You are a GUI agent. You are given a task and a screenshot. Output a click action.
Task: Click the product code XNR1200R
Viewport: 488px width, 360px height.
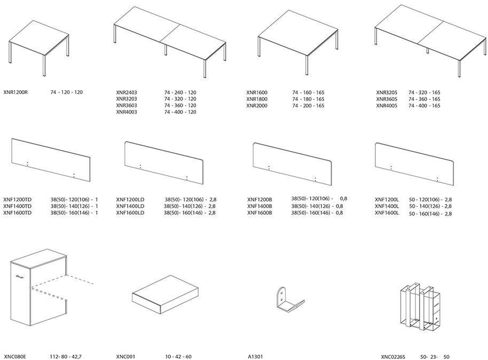tap(15, 92)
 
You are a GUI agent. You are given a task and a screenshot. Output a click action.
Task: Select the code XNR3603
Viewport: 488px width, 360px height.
tap(127, 105)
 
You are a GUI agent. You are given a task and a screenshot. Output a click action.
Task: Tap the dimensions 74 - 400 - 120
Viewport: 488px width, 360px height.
tap(180, 112)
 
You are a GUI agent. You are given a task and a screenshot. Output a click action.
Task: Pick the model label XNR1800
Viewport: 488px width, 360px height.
tap(257, 99)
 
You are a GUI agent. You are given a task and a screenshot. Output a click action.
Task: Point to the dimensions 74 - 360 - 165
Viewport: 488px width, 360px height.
tap(424, 99)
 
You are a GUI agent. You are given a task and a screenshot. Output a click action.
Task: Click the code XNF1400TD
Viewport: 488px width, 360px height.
tap(18, 206)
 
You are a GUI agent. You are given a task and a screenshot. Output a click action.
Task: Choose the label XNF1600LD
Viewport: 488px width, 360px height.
tap(130, 213)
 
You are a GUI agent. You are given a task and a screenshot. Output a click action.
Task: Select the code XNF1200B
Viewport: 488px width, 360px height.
tap(260, 199)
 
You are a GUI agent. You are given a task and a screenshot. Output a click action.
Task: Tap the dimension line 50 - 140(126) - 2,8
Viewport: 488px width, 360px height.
tap(430, 206)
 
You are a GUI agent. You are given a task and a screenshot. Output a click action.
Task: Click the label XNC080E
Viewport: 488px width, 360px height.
tap(15, 357)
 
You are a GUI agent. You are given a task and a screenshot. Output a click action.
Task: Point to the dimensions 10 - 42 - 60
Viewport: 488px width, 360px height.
tap(178, 357)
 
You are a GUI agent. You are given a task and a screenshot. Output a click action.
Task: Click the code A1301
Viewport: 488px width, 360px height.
tap(256, 357)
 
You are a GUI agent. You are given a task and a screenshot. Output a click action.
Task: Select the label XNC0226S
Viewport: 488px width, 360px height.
tap(393, 357)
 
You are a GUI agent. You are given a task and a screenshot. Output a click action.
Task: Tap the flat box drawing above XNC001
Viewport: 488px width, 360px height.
tap(165, 294)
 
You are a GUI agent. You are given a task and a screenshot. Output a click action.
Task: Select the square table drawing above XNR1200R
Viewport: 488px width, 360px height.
tap(39, 48)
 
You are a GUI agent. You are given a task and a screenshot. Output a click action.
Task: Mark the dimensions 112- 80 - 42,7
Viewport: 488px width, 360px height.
tap(66, 357)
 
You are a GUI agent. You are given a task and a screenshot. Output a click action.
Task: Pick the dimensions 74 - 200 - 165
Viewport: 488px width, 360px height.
tap(308, 106)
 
